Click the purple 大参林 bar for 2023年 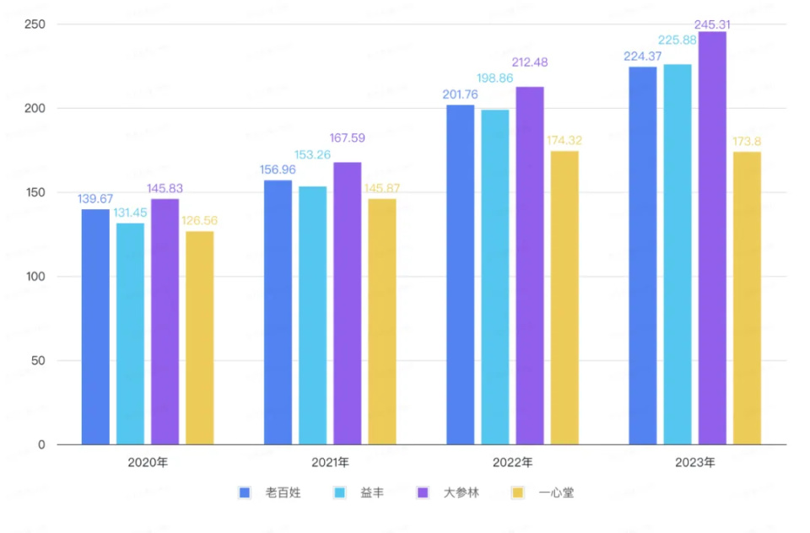pos(712,238)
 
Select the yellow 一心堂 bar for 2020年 pos(200,337)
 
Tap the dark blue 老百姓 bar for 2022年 pos(461,274)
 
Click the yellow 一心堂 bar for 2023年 pos(747,298)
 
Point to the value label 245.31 pos(712,24)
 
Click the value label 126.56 pos(200,221)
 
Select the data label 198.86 pos(495,100)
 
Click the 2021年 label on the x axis pos(330,463)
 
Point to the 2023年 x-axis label pos(694,463)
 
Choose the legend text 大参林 pos(462,493)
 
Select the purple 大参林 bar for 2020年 pos(165,321)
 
